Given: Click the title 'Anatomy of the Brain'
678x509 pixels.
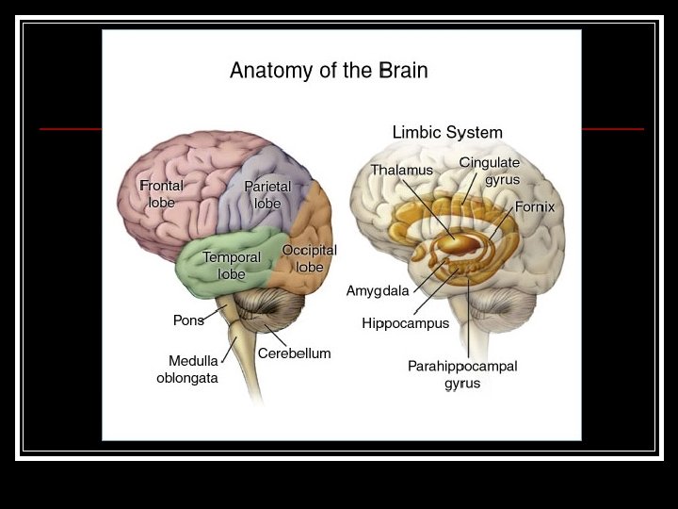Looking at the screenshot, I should (x=329, y=70).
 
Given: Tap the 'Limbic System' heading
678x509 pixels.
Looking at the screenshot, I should (x=447, y=132).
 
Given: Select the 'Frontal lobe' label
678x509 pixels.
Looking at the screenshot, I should (x=161, y=194).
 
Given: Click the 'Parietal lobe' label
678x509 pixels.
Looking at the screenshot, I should (x=267, y=195).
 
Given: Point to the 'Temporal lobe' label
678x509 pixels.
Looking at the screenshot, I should (x=232, y=265).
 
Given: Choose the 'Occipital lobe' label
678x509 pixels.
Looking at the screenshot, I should (x=309, y=258).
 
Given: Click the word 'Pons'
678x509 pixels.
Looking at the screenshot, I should (x=188, y=320).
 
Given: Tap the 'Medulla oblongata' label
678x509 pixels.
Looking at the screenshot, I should (x=187, y=369).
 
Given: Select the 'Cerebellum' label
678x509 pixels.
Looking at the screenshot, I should (x=295, y=353).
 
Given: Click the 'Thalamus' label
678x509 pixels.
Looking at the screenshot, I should (x=401, y=170).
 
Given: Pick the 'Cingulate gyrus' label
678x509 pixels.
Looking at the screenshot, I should (x=490, y=171).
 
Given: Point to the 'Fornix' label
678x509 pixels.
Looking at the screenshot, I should (x=535, y=206).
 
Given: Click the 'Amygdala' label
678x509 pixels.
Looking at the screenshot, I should (x=378, y=290).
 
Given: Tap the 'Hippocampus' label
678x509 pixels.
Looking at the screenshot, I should (x=406, y=323).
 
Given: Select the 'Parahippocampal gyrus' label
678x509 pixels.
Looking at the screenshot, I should (x=462, y=374).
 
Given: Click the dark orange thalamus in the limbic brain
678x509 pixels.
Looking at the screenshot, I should (x=460, y=243).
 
